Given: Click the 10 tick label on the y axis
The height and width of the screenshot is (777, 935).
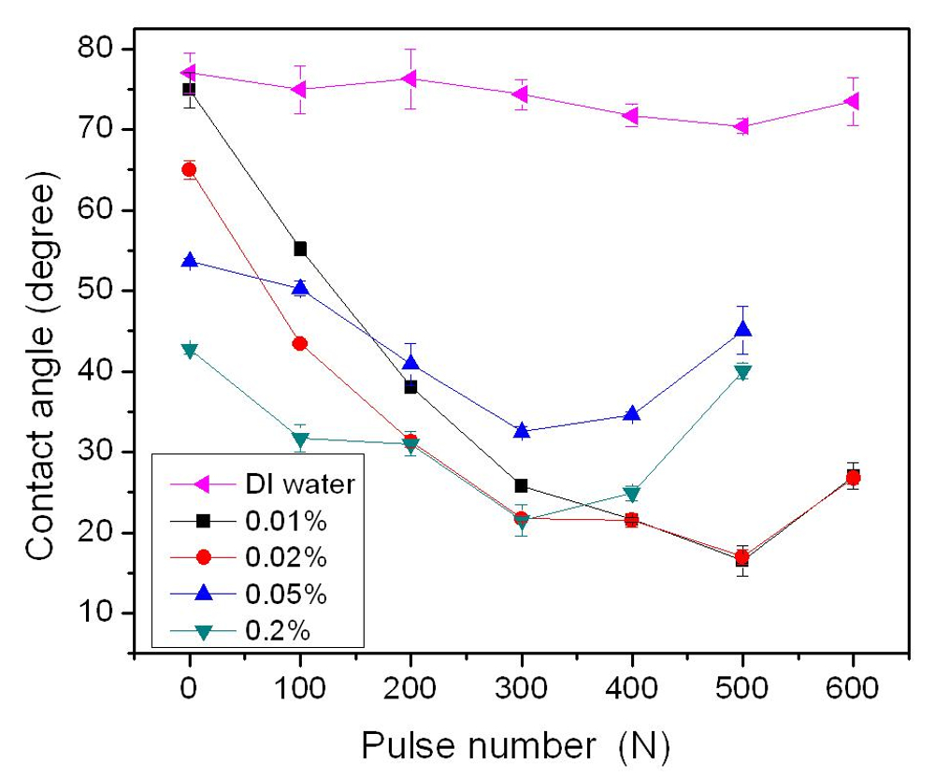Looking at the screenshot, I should click(104, 613).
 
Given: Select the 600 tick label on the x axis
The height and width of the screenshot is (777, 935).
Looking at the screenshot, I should click(853, 691).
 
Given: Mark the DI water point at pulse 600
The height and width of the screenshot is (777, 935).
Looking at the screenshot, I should click(851, 101).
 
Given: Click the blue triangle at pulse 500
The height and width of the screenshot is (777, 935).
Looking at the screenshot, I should click(742, 329).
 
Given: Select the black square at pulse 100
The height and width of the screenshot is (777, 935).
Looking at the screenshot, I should click(300, 249).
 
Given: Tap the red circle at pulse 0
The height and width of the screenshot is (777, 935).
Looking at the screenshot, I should click(189, 169).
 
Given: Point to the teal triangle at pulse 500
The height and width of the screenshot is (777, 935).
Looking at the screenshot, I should click(742, 372).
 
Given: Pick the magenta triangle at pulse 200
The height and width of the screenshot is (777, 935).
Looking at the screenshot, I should click(410, 78).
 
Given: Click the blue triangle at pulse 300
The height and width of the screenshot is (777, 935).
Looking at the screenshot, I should click(521, 431).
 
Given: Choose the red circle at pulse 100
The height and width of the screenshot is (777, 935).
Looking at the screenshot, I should click(300, 343).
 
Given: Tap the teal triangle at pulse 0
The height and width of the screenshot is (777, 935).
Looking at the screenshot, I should click(190, 351).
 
